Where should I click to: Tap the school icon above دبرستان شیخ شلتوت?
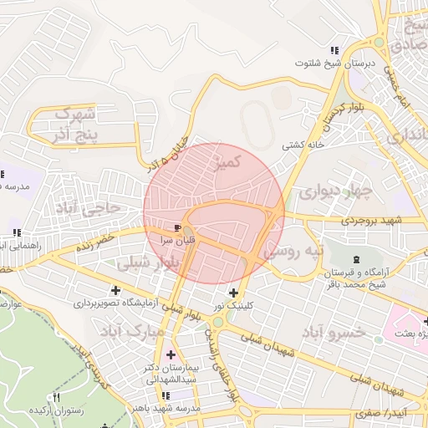pos(334,50)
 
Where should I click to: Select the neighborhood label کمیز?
pos(228,161)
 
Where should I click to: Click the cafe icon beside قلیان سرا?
pos(177,227)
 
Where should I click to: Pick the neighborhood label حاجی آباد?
pos(88,206)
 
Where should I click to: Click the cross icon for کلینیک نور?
pos(233,293)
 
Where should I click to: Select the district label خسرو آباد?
pos(344,332)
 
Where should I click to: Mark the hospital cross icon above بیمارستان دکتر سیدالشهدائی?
pos(171,354)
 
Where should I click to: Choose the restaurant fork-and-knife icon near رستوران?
pos(57,397)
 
